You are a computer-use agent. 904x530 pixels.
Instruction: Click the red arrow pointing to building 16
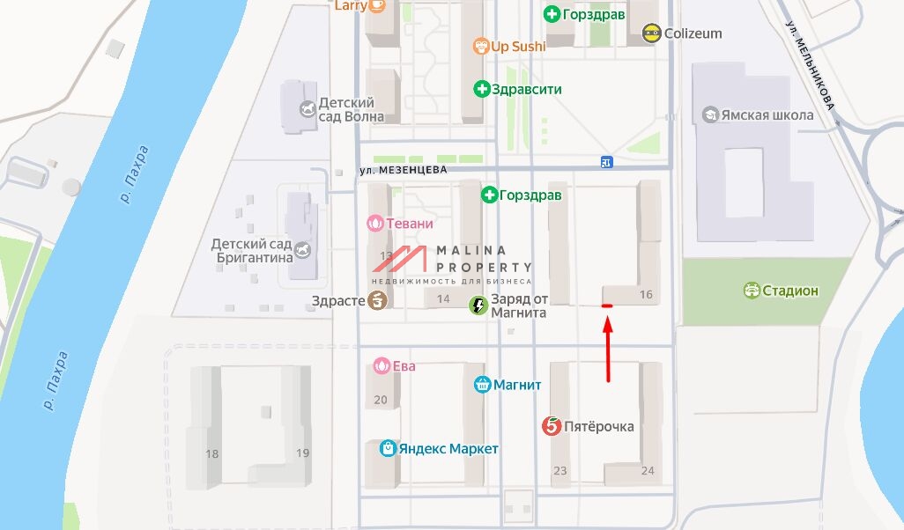tap(608, 348)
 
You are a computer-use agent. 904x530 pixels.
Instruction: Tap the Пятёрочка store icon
tap(552, 426)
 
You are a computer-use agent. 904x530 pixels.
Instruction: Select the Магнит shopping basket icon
tap(482, 384)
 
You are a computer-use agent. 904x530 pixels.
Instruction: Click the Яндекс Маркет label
tap(448, 449)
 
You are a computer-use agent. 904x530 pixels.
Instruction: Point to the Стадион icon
tap(752, 290)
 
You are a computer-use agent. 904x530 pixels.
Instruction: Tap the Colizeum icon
tap(651, 33)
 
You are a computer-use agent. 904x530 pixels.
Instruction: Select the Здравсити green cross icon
tap(482, 89)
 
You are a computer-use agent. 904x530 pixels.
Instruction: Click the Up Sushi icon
tap(480, 46)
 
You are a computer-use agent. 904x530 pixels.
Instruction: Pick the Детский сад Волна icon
tap(307, 109)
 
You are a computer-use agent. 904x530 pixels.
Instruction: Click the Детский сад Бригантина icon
tap(303, 251)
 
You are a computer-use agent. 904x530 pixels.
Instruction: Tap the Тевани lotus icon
tap(375, 224)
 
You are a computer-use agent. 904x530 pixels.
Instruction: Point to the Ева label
tap(404, 365)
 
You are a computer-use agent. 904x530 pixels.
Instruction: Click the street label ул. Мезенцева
tap(404, 169)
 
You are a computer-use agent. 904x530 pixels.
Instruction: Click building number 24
tap(648, 471)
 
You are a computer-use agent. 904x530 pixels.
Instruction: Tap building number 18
tap(211, 453)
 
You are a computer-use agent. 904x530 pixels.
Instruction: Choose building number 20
tap(381, 400)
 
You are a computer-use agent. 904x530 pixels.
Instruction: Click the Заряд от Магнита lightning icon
tap(478, 305)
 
